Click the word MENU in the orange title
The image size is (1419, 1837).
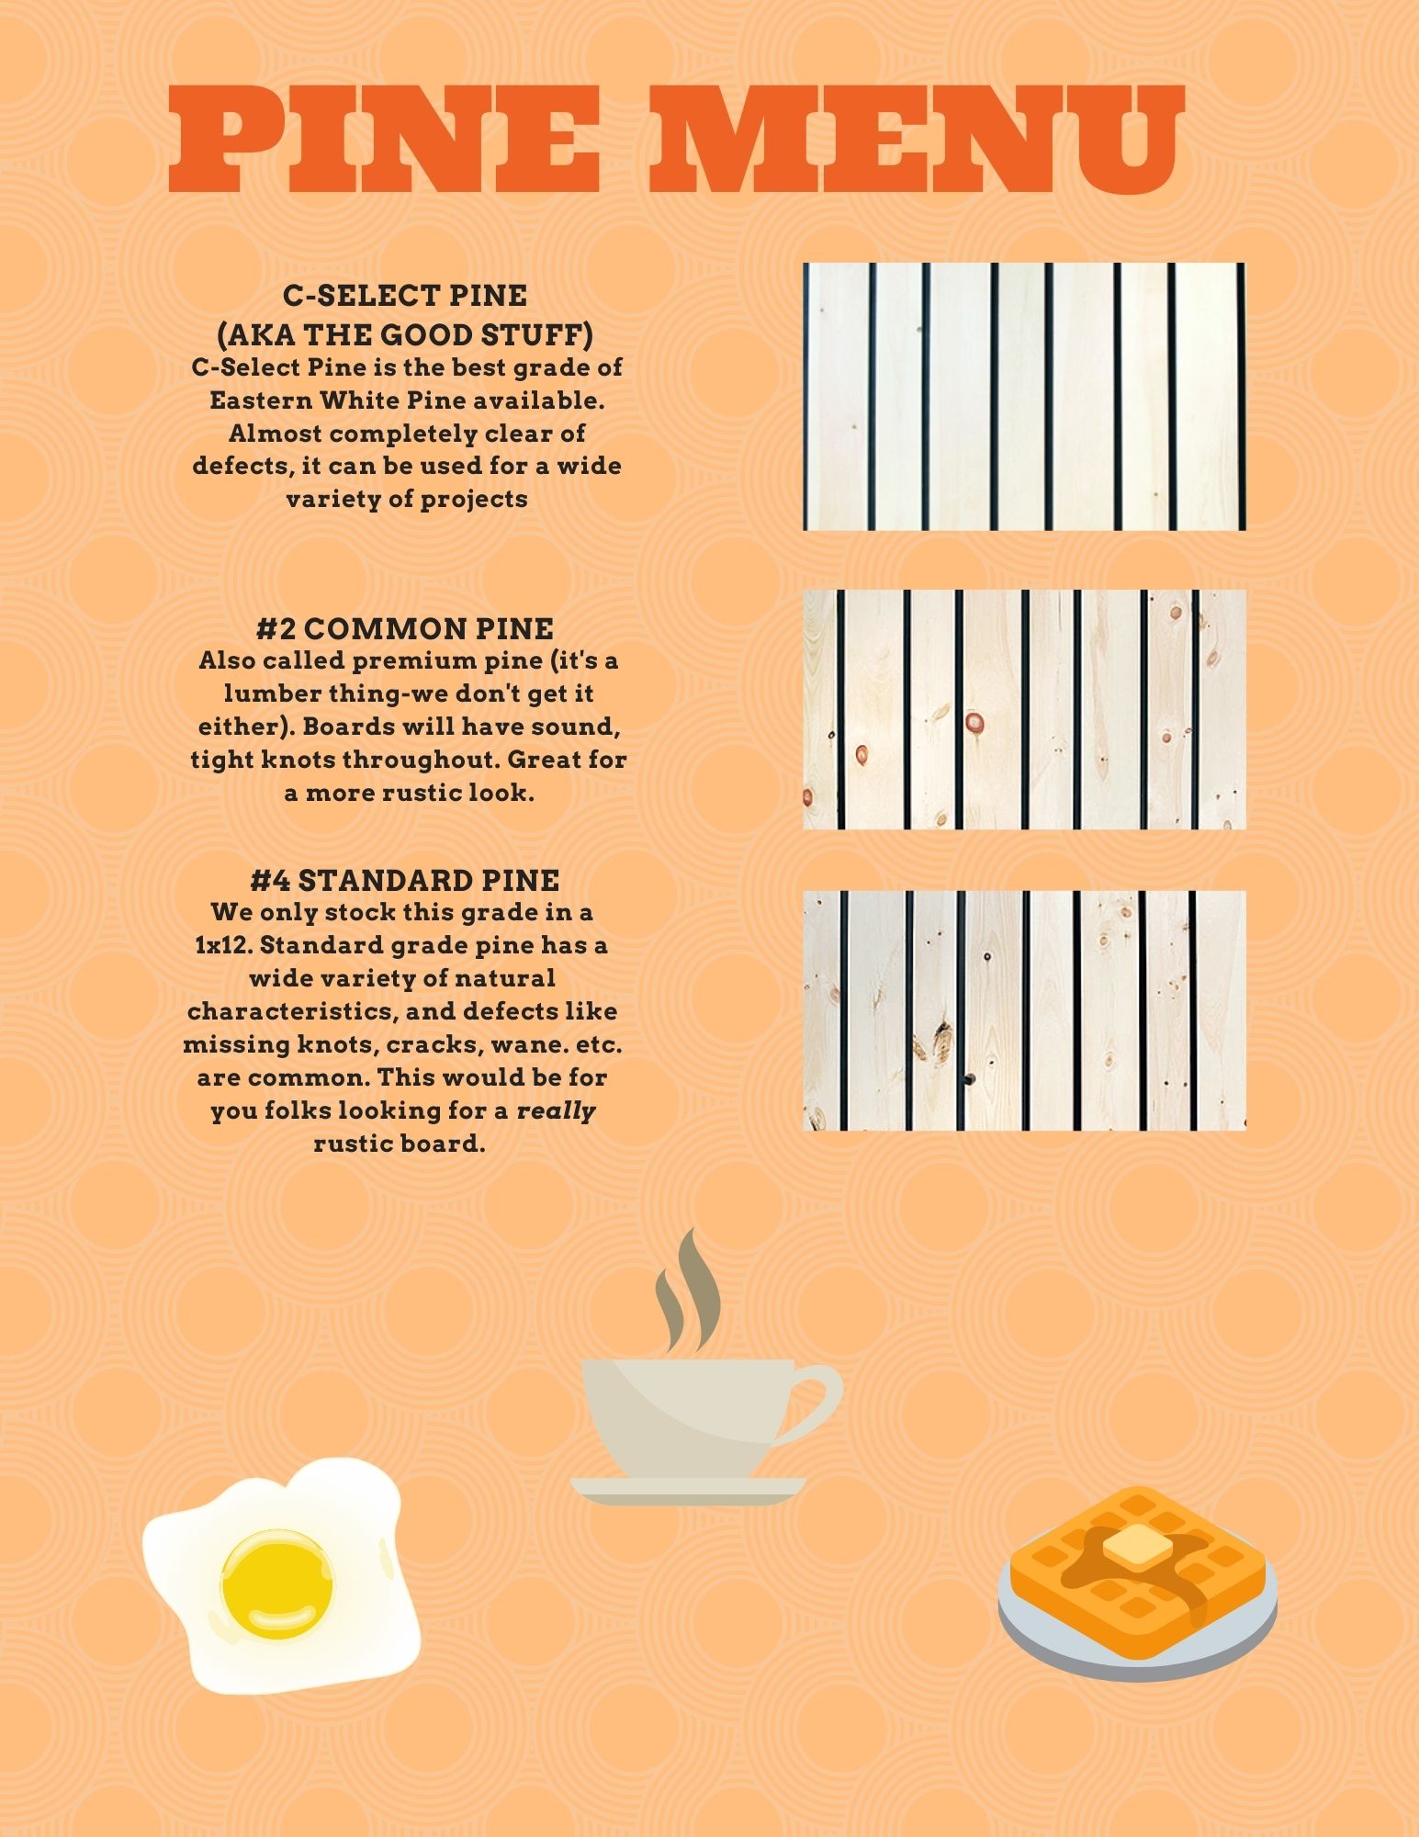[916, 140]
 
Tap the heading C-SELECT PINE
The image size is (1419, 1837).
[405, 296]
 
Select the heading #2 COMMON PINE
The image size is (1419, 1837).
[405, 629]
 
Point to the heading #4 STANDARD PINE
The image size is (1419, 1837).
[405, 881]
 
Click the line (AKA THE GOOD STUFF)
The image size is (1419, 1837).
[405, 334]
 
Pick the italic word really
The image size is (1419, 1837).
[557, 1111]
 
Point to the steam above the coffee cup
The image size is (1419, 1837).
[688, 1291]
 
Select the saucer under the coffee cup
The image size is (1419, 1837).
[688, 1491]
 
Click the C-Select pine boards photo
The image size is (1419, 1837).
[1024, 397]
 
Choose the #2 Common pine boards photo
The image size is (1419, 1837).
[1024, 709]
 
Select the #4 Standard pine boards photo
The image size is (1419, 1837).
[1024, 1010]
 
